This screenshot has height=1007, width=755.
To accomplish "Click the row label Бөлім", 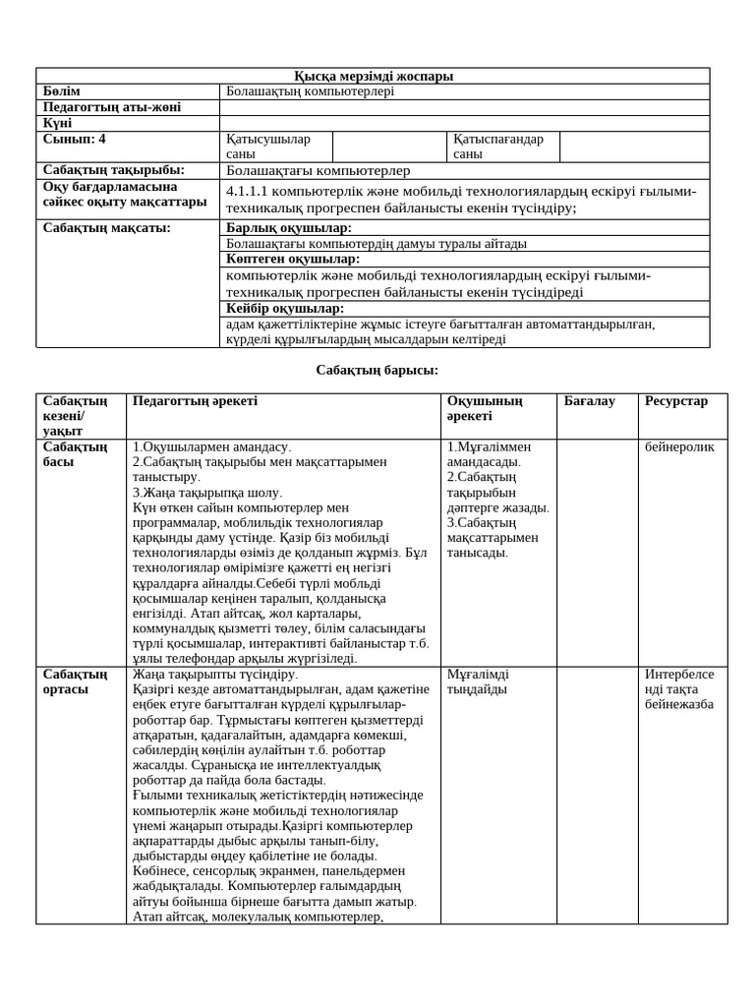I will point(62,91).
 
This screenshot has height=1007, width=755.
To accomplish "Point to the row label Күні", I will point(58,123).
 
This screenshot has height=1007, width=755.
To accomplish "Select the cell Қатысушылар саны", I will point(267,147).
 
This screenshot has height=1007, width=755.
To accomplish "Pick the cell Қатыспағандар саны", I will point(498,147).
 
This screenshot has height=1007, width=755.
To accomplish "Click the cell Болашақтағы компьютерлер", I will point(319,170).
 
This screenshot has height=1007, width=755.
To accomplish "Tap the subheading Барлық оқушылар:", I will point(288,227).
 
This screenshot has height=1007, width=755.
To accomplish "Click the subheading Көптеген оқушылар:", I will point(293,259).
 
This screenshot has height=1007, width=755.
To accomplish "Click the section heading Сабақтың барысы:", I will point(377,370).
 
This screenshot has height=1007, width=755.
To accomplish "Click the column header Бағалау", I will point(589,401).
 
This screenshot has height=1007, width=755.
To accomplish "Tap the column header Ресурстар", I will point(676,401).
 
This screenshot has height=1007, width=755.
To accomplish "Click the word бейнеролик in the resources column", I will point(679,446).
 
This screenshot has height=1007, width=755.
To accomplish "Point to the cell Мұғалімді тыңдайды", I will point(478,681).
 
